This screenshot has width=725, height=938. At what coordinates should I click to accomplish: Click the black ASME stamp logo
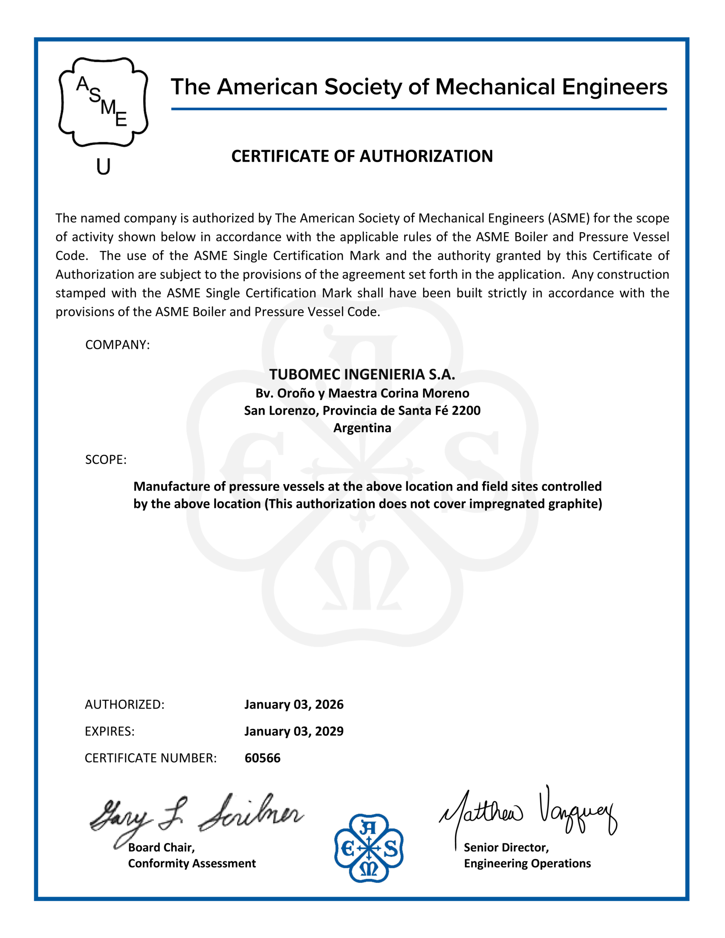click(x=103, y=102)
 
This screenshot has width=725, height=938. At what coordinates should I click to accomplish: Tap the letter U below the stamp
click(x=103, y=167)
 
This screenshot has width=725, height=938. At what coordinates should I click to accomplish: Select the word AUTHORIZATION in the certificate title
click(x=426, y=156)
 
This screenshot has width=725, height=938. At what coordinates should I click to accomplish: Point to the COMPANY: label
click(x=117, y=345)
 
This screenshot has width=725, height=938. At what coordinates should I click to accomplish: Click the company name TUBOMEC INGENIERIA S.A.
click(x=362, y=374)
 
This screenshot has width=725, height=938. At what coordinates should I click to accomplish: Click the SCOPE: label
click(x=106, y=459)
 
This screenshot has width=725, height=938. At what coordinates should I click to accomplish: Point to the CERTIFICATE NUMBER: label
click(x=150, y=758)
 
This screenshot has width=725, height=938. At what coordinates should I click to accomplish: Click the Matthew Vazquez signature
click(x=529, y=812)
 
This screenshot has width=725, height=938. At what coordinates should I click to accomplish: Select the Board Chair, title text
click(x=162, y=847)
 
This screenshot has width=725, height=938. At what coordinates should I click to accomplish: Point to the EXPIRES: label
click(x=110, y=731)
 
